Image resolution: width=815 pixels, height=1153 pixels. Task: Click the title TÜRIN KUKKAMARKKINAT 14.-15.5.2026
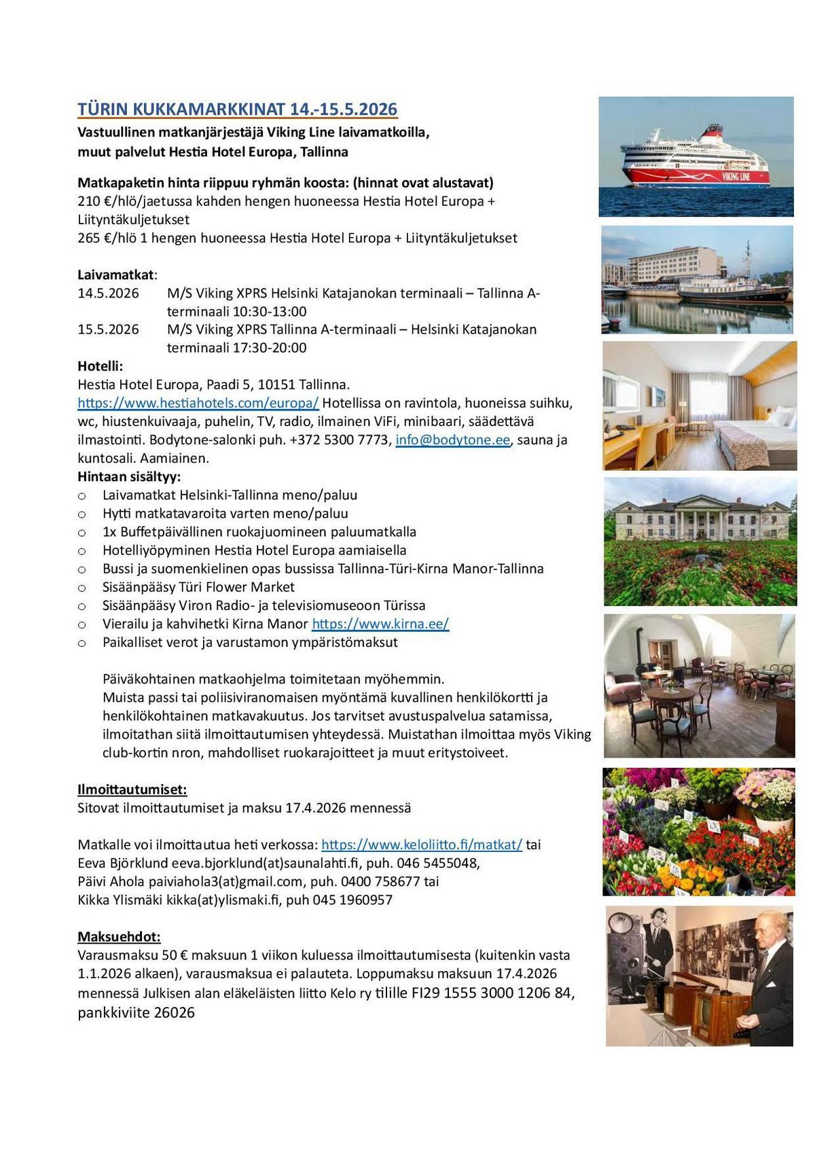(237, 109)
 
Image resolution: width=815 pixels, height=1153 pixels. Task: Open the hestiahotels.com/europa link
(198, 403)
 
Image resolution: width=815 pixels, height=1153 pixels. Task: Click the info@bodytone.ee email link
(452, 440)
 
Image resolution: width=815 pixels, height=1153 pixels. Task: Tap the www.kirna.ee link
(380, 624)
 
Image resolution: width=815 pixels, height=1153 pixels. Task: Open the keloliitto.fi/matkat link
(422, 845)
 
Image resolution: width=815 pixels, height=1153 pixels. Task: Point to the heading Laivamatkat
(116, 275)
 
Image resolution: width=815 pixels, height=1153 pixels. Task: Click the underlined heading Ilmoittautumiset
(132, 790)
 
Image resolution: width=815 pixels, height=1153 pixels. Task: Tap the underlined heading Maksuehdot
(119, 937)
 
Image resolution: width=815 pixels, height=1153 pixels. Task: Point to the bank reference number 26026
(175, 1013)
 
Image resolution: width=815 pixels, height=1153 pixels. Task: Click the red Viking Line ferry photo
(696, 156)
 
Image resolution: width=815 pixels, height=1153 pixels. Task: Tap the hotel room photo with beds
(700, 406)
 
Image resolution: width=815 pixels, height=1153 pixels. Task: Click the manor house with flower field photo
(700, 542)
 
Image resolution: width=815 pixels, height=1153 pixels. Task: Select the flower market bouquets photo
(699, 832)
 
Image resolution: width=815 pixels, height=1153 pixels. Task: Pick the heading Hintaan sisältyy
(129, 476)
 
